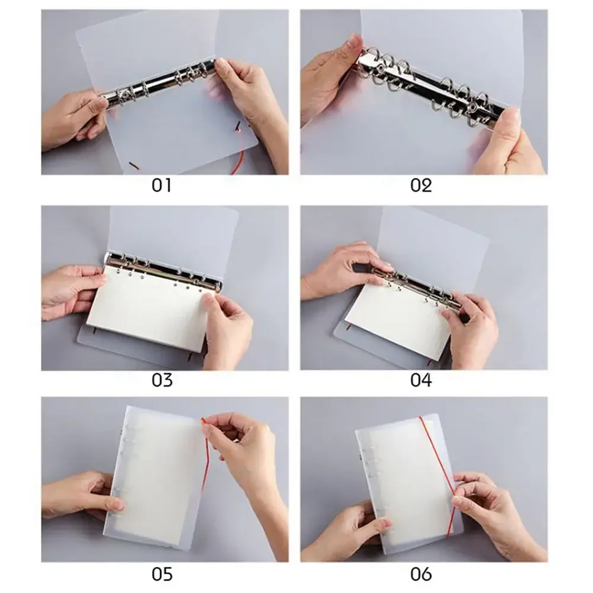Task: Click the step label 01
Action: click(x=161, y=185)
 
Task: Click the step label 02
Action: click(x=421, y=185)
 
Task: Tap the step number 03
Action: click(x=162, y=380)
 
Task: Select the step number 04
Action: click(x=421, y=380)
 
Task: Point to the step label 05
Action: click(x=162, y=574)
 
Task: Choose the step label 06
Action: click(x=421, y=574)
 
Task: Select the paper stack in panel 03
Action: click(x=148, y=308)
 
